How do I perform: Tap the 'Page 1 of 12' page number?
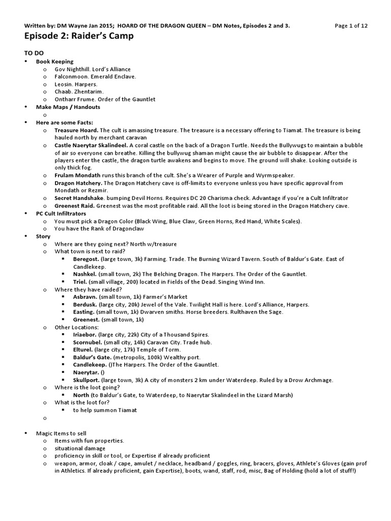pos(352,26)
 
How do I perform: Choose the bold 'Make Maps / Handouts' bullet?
pos(68,107)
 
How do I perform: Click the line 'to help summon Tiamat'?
pos(104,410)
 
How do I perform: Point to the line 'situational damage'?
pos(80,448)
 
